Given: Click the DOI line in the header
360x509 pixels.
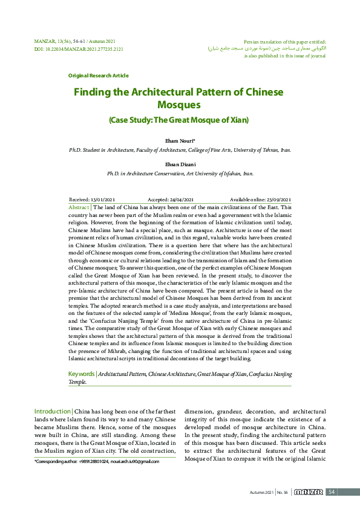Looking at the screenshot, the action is (78, 49).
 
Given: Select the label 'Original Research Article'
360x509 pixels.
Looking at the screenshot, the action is (98, 76).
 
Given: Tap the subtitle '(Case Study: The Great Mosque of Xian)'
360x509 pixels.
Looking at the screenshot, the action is (178, 120).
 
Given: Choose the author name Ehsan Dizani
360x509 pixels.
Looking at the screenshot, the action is (180, 163).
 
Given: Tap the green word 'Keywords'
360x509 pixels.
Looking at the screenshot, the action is (82, 374).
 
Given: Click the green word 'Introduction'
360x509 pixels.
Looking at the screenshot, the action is (53, 411).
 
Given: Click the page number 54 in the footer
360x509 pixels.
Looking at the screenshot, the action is (332, 492).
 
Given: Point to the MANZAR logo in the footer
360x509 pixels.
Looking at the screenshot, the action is (309, 492).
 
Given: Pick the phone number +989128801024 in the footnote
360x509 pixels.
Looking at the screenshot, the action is (89, 462).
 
